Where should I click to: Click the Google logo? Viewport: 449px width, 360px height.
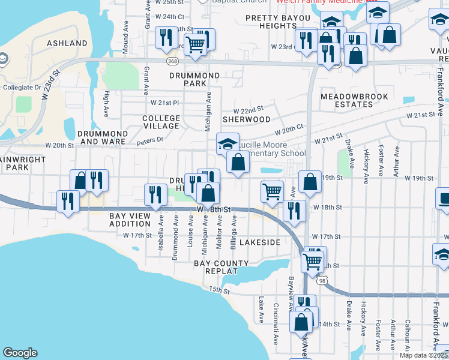coord(20,353)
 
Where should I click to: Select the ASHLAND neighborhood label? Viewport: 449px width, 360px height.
coord(67,44)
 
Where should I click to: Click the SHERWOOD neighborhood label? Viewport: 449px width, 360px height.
coord(246,119)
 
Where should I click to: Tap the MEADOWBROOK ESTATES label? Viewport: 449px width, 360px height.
coord(355,100)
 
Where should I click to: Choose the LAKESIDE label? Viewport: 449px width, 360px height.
coord(260,242)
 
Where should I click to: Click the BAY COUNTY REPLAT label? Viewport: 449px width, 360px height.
coord(221,268)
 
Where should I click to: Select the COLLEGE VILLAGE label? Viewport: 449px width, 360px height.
coord(161,122)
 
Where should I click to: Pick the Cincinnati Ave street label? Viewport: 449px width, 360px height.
coord(276,331)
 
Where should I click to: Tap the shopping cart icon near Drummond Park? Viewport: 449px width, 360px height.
coord(195,44)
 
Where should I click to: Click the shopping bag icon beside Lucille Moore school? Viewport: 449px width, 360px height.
coord(238,162)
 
